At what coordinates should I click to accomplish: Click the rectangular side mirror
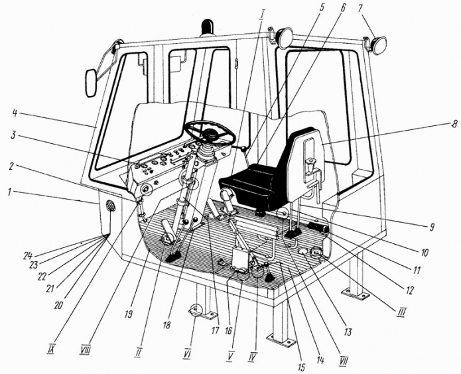click(x=91, y=83)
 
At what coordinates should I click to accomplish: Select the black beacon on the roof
click(x=208, y=27)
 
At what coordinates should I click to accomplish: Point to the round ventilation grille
click(x=111, y=206)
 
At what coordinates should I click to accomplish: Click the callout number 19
click(x=129, y=314)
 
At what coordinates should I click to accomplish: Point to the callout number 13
click(x=348, y=332)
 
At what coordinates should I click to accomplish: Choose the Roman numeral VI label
click(x=186, y=355)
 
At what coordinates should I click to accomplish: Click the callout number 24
click(x=29, y=256)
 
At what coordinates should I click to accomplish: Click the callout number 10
click(x=424, y=252)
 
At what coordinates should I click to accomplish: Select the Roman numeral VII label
click(x=343, y=360)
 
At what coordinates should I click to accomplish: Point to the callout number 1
click(x=9, y=193)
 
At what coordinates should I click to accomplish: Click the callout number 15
click(x=301, y=367)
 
